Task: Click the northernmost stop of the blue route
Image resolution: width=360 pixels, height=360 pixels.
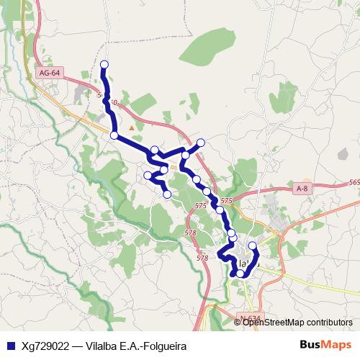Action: (104, 65)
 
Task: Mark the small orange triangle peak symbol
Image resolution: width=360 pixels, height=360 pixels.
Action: (131, 127)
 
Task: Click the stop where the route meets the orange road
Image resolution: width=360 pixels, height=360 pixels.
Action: (114, 135)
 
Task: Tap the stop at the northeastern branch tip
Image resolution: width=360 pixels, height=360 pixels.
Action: (201, 142)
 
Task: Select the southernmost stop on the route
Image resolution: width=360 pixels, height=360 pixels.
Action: (240, 274)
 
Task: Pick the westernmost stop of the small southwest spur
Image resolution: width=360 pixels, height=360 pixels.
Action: (148, 175)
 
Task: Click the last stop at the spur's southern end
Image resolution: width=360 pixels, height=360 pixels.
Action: (167, 194)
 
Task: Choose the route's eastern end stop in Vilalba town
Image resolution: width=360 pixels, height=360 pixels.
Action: (252, 246)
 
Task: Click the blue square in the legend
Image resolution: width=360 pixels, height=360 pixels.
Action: (9, 346)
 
